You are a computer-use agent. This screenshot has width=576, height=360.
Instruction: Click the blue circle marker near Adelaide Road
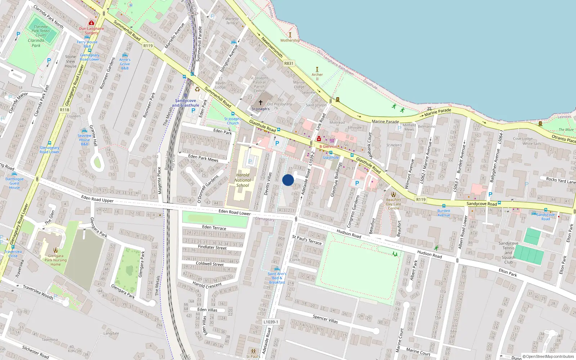click(288, 180)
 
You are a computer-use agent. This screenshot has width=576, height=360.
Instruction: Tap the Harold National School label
click(243, 180)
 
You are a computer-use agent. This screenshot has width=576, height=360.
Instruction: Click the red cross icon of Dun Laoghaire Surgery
click(91, 23)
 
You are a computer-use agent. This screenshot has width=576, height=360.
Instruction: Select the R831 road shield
click(289, 63)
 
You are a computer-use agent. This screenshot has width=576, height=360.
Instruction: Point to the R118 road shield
click(64, 110)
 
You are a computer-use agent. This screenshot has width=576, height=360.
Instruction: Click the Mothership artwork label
click(290, 40)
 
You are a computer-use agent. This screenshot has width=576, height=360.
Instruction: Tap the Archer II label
click(317, 77)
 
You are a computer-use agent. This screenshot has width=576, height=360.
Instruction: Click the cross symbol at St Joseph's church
click(261, 103)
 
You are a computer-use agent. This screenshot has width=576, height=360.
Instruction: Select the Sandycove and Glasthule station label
click(185, 103)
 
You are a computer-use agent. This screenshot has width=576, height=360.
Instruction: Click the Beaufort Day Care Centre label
click(393, 204)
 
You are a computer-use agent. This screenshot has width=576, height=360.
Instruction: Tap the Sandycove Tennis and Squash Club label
click(508, 253)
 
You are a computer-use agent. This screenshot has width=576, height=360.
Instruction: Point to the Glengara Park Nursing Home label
click(55, 260)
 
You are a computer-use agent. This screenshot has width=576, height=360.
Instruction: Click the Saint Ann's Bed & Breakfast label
click(277, 278)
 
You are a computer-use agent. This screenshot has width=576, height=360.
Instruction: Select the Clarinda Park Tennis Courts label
click(41, 31)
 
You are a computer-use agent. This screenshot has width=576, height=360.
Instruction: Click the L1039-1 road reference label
click(271, 322)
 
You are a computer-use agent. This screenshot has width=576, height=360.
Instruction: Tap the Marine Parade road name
click(385, 122)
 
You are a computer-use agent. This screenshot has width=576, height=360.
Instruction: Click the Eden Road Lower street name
click(234, 212)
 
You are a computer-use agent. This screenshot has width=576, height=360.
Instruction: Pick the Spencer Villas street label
click(325, 319)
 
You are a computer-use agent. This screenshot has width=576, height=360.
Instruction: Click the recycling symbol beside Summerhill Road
click(197, 89)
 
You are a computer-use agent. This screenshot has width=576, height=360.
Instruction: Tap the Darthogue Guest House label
click(14, 183)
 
